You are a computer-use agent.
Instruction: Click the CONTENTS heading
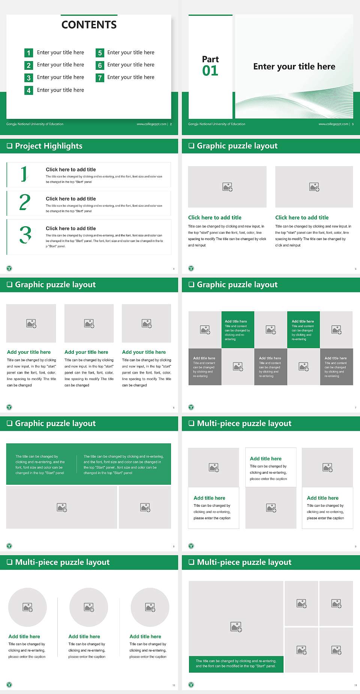(x=89, y=25)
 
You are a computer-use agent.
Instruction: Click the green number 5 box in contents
(x=100, y=53)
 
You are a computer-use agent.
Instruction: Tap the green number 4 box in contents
(x=28, y=90)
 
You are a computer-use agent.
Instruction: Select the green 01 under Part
(x=210, y=71)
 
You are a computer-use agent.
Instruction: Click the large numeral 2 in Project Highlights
(x=25, y=202)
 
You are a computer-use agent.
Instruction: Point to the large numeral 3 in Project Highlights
(x=25, y=235)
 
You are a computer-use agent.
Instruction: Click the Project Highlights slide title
(x=49, y=146)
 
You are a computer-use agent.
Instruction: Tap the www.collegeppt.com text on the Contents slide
(x=151, y=124)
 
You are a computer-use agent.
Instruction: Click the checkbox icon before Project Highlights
(x=10, y=146)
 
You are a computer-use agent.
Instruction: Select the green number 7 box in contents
(x=100, y=78)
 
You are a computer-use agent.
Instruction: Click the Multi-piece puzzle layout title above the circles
(x=62, y=562)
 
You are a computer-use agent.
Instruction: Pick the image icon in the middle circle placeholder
(x=89, y=607)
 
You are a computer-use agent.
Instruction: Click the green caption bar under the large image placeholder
(x=236, y=664)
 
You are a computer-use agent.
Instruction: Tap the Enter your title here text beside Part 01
(x=294, y=66)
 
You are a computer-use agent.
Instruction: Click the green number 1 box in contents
(x=28, y=53)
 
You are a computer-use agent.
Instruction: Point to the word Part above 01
(x=210, y=59)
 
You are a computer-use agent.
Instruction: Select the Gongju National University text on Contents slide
(x=35, y=124)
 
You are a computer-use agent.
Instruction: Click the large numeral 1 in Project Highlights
(x=24, y=174)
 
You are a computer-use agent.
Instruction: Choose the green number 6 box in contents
(x=100, y=66)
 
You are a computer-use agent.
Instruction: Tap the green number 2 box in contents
(x=28, y=66)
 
